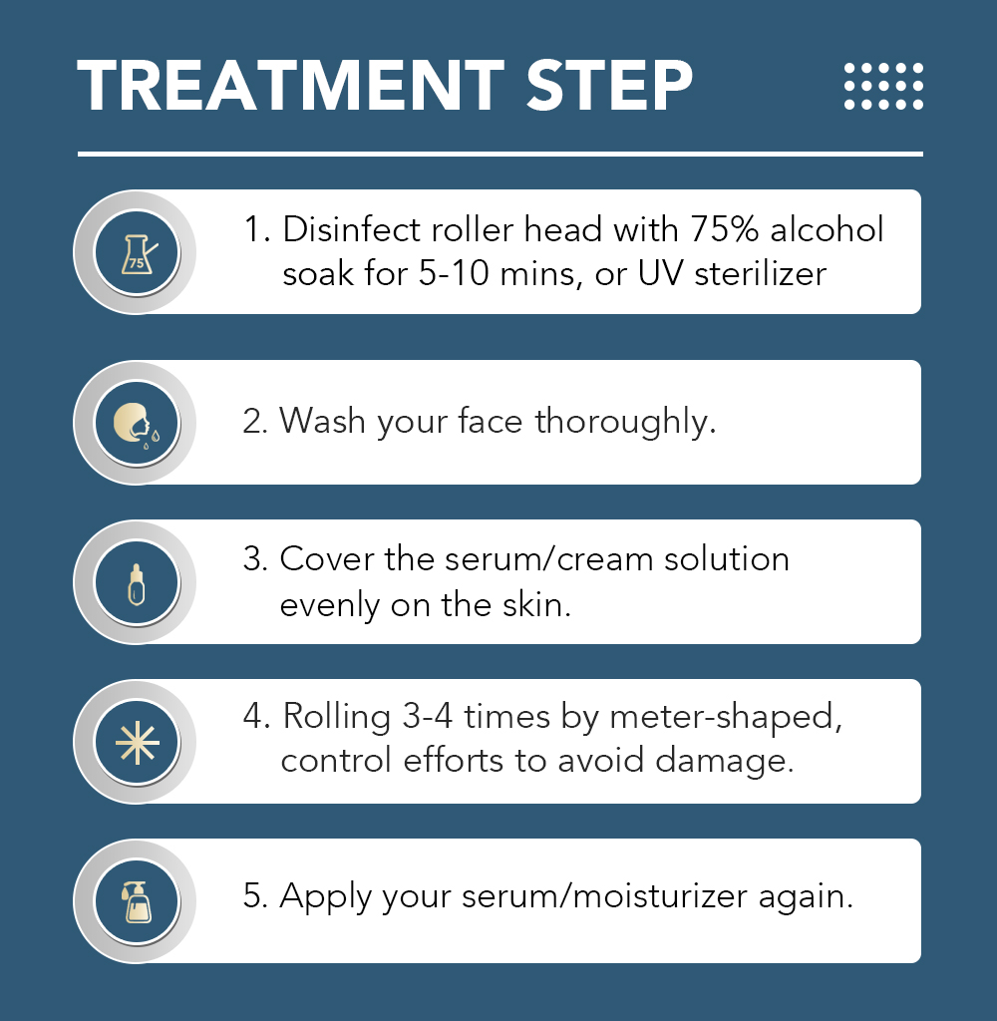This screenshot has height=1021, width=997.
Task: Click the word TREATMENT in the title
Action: click(x=291, y=86)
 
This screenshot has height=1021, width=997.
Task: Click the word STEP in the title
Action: click(x=609, y=86)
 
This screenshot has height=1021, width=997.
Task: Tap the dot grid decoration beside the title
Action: click(x=883, y=86)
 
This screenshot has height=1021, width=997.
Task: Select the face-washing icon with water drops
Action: click(x=137, y=425)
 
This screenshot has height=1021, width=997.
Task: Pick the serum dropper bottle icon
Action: click(x=137, y=584)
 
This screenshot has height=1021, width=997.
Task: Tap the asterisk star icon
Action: click(x=137, y=743)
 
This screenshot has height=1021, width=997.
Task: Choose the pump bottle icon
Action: click(x=137, y=901)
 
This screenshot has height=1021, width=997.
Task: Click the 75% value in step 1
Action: click(x=724, y=229)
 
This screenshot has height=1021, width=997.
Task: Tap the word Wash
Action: click(x=322, y=421)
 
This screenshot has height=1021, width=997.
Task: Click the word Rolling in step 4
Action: click(x=337, y=717)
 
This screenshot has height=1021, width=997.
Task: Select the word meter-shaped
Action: click(x=722, y=717)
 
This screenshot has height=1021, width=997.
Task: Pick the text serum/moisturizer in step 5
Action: click(x=604, y=896)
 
